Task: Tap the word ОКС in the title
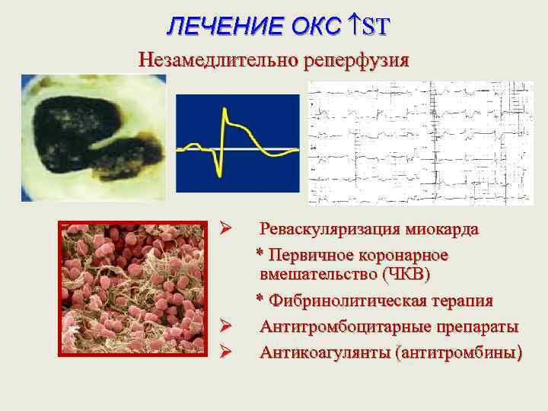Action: point(316,27)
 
